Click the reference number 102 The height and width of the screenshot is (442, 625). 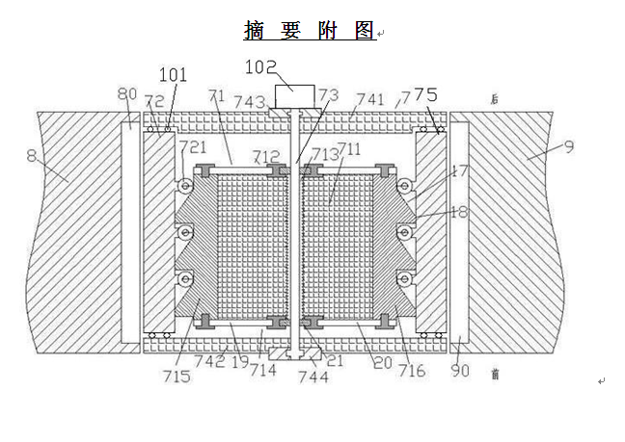tap(261, 66)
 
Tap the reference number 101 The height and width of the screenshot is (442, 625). tap(173, 75)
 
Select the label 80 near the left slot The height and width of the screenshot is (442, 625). tap(127, 94)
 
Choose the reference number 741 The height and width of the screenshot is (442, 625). tap(369, 99)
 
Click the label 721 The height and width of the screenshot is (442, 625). tap(193, 146)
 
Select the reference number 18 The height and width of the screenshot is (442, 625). tap(459, 211)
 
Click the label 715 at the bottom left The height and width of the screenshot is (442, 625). tap(177, 375)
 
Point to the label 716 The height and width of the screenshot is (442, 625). tap(411, 370)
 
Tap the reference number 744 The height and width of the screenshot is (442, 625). tap(312, 377)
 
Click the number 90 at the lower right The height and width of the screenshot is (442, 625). tap(461, 370)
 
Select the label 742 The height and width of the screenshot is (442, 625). tap(209, 361)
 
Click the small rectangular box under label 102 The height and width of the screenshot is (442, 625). tap(295, 96)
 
